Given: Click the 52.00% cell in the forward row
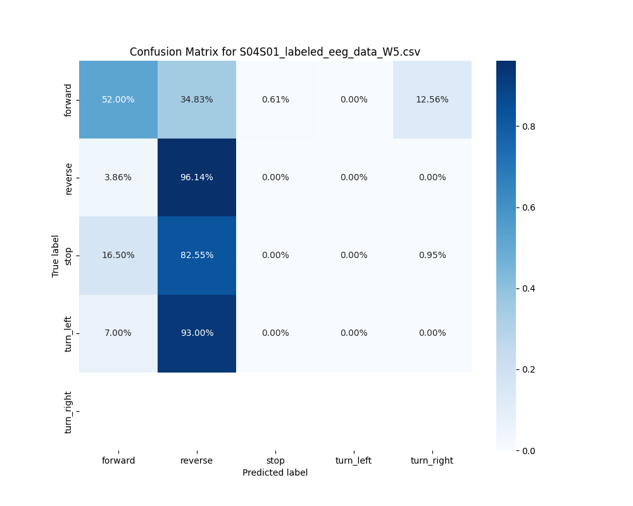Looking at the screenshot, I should tap(118, 99).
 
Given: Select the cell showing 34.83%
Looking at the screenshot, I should tap(197, 99).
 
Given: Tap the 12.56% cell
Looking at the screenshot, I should tap(432, 99).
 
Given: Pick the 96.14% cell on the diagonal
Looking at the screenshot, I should tap(197, 177).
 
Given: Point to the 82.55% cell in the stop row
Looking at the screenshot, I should tap(197, 255).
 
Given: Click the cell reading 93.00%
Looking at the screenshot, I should tap(197, 333).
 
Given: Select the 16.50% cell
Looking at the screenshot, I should tap(118, 255).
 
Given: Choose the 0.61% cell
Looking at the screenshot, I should tap(275, 99).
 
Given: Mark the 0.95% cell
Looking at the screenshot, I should tap(432, 255).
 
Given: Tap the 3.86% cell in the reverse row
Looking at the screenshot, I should tap(118, 177).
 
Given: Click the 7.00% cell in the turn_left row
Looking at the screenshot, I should tap(118, 333).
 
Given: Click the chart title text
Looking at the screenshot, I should tap(275, 52).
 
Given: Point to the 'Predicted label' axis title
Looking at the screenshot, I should tap(275, 472).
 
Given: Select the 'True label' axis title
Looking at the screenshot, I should tap(56, 256).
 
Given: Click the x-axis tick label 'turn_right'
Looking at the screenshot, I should tap(432, 460).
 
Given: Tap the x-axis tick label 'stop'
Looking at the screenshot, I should tap(275, 460).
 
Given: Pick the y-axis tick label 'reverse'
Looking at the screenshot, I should tap(68, 178).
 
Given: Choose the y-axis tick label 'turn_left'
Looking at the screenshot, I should tap(68, 333).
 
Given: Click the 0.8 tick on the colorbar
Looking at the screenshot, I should tap(529, 126).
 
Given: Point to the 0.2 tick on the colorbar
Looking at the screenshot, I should tap(529, 369).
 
